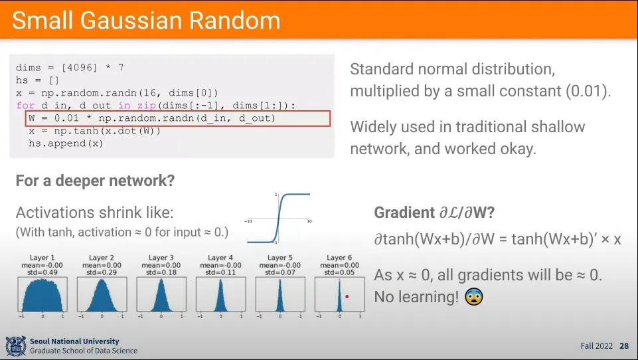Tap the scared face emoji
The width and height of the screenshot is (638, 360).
pos(474,297)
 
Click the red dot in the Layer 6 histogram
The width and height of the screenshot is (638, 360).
pos(347,296)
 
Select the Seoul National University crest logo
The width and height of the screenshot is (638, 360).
pos(15,346)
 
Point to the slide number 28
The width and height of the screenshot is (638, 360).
pos(624,346)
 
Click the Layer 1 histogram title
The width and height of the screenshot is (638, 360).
pos(42,258)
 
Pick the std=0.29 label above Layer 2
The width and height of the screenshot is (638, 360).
pos(102,272)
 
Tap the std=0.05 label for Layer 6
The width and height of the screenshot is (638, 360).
pos(339,272)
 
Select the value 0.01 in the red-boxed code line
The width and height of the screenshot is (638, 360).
pos(66,118)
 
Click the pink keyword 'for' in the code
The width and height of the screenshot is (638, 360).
pos(25,106)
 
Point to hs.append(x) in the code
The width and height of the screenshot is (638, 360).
pos(66,143)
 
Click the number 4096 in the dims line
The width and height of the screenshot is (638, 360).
pos(79,68)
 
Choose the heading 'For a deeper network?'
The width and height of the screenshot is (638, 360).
pos(95,181)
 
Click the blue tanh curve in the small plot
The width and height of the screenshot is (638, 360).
pos(279,219)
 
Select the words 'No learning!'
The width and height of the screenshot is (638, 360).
pos(416,297)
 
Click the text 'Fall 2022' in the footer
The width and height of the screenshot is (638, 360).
pos(596,346)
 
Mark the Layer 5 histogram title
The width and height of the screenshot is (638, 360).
pos(280,258)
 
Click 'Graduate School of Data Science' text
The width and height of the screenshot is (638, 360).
pos(84,351)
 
